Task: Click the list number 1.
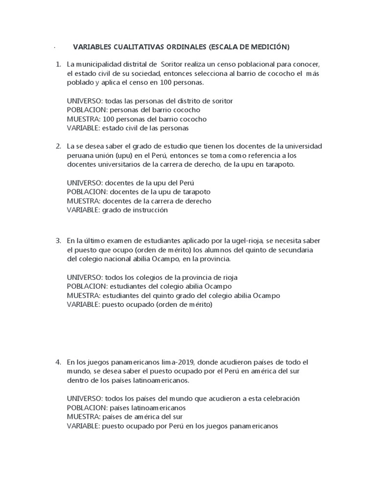point(57,65)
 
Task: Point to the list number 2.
point(57,146)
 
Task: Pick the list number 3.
point(57,241)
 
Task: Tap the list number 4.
point(57,362)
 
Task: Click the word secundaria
point(294,250)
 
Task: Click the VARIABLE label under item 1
point(82,128)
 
